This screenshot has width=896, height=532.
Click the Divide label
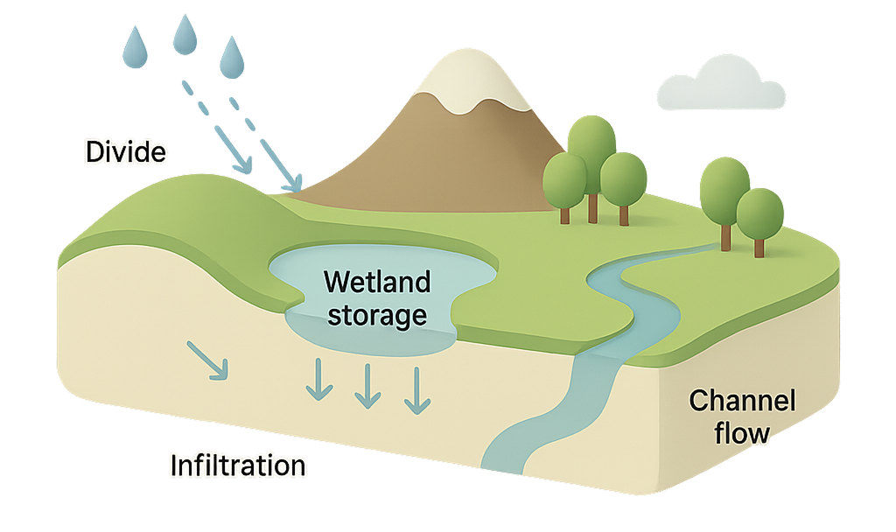125,151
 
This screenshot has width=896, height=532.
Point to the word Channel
742,402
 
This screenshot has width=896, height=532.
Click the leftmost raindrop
135,47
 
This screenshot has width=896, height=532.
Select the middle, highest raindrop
184,34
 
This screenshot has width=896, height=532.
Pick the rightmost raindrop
232,57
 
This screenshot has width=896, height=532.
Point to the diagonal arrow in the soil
209,360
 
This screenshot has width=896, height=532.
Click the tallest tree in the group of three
591,144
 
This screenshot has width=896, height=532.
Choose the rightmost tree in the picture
759,214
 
